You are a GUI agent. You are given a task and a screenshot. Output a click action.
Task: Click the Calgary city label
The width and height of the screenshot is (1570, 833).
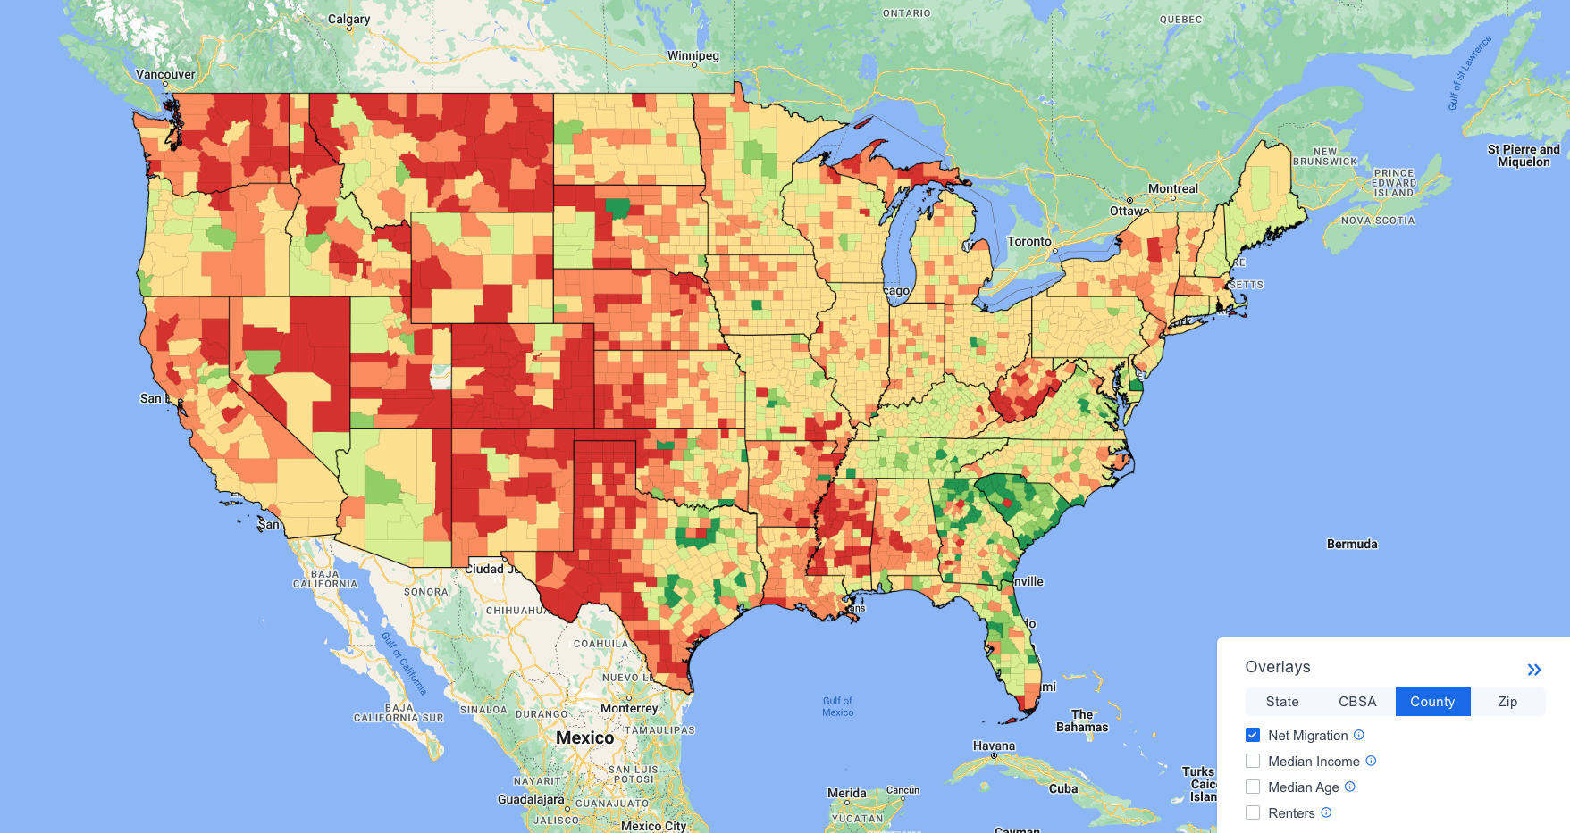point(348,19)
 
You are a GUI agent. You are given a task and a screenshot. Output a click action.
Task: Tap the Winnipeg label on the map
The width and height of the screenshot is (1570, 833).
point(693,55)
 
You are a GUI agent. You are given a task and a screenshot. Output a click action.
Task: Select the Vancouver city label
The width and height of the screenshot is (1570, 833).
point(165,74)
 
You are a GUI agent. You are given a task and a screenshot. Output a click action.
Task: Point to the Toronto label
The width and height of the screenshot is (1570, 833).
point(1029,241)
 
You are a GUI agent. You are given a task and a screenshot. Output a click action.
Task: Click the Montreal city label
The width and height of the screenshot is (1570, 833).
point(1172,188)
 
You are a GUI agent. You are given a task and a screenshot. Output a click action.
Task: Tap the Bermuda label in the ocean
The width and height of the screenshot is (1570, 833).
point(1351,544)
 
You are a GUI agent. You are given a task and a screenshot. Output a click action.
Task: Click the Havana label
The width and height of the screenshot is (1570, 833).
point(994,746)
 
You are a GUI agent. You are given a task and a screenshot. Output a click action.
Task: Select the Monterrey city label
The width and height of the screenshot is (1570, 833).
point(629,708)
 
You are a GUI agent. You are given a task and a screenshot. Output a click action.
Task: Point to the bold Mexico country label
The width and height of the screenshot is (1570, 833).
point(584,737)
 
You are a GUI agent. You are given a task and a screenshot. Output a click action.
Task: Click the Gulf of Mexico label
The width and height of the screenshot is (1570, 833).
point(837,706)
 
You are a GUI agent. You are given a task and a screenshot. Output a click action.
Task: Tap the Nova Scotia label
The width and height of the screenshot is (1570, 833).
point(1377,221)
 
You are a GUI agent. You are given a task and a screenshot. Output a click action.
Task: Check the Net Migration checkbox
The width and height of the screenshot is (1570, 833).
point(1253,735)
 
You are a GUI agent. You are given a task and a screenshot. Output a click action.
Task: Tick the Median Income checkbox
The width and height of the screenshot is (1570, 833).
point(1253,761)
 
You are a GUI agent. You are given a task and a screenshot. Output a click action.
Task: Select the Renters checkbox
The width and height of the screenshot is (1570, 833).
point(1253,812)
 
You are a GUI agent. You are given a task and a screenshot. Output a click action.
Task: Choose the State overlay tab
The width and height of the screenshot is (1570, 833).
point(1281,702)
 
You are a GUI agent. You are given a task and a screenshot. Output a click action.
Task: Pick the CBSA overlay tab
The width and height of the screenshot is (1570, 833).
point(1356,702)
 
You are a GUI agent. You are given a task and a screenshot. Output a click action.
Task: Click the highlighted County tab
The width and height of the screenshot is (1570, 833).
point(1431,702)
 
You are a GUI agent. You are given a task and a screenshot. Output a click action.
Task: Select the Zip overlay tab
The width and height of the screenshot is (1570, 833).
point(1507,702)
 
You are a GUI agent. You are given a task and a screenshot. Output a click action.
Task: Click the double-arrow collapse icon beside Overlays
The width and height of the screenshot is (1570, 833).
point(1533,670)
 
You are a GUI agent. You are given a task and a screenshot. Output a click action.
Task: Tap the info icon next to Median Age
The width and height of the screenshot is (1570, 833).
point(1349,787)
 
